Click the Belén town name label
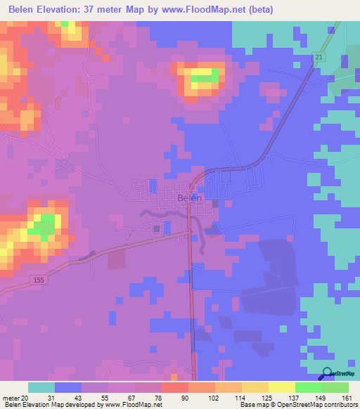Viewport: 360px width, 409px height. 190,198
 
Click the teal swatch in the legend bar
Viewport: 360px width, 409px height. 41,387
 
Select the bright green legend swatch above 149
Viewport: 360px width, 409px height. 308,387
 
